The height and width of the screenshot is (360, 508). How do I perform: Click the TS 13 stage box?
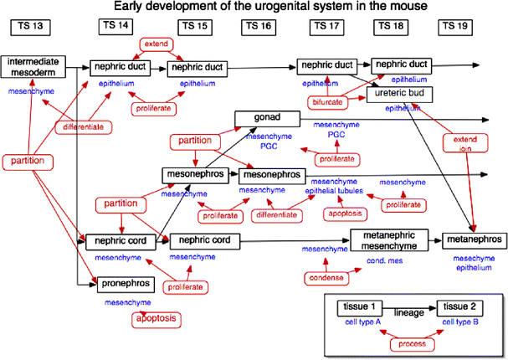coord(30,26)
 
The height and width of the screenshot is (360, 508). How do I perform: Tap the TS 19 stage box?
coord(455,26)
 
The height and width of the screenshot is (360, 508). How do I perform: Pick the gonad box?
coord(267,118)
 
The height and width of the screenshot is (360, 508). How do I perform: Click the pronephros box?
coord(125,285)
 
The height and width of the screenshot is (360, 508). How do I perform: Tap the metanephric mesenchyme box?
coord(388,239)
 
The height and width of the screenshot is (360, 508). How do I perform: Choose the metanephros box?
coord(471,240)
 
